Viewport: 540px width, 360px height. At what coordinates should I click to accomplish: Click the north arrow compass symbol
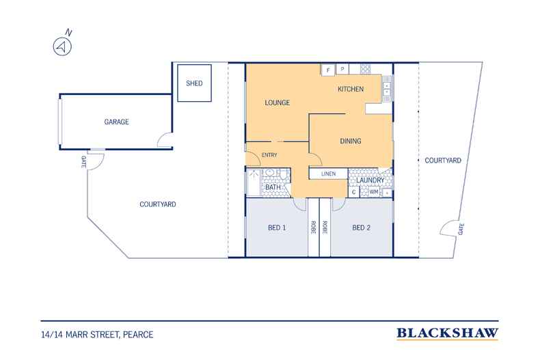point(62,46)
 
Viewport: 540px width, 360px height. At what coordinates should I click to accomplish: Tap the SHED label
point(194,83)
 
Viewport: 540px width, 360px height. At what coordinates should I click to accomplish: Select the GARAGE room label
point(116,122)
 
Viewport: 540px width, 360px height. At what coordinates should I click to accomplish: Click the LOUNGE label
point(278,102)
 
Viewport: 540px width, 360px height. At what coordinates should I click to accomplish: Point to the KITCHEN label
point(351,89)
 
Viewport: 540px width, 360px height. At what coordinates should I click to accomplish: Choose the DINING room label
point(351,141)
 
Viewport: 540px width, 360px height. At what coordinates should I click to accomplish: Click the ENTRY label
point(269,155)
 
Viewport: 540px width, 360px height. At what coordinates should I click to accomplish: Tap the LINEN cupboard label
point(328,174)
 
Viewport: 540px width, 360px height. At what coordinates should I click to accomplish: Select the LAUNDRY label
point(370,180)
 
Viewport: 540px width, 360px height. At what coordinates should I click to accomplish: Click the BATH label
point(273,187)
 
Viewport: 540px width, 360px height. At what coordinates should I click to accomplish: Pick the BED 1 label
point(277,228)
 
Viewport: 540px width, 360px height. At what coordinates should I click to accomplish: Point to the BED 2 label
point(362,228)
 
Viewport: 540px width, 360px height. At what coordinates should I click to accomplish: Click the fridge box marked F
point(328,70)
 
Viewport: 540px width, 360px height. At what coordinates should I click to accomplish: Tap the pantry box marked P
point(342,69)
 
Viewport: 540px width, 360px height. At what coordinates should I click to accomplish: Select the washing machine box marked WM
point(374,192)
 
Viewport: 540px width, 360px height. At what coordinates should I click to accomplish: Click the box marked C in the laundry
point(353,192)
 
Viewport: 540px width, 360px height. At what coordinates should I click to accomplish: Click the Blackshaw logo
point(447,333)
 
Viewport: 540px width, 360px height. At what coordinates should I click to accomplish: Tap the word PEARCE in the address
point(138,335)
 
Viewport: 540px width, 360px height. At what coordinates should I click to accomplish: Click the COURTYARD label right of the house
point(443,161)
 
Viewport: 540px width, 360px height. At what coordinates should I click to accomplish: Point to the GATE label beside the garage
point(83,162)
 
